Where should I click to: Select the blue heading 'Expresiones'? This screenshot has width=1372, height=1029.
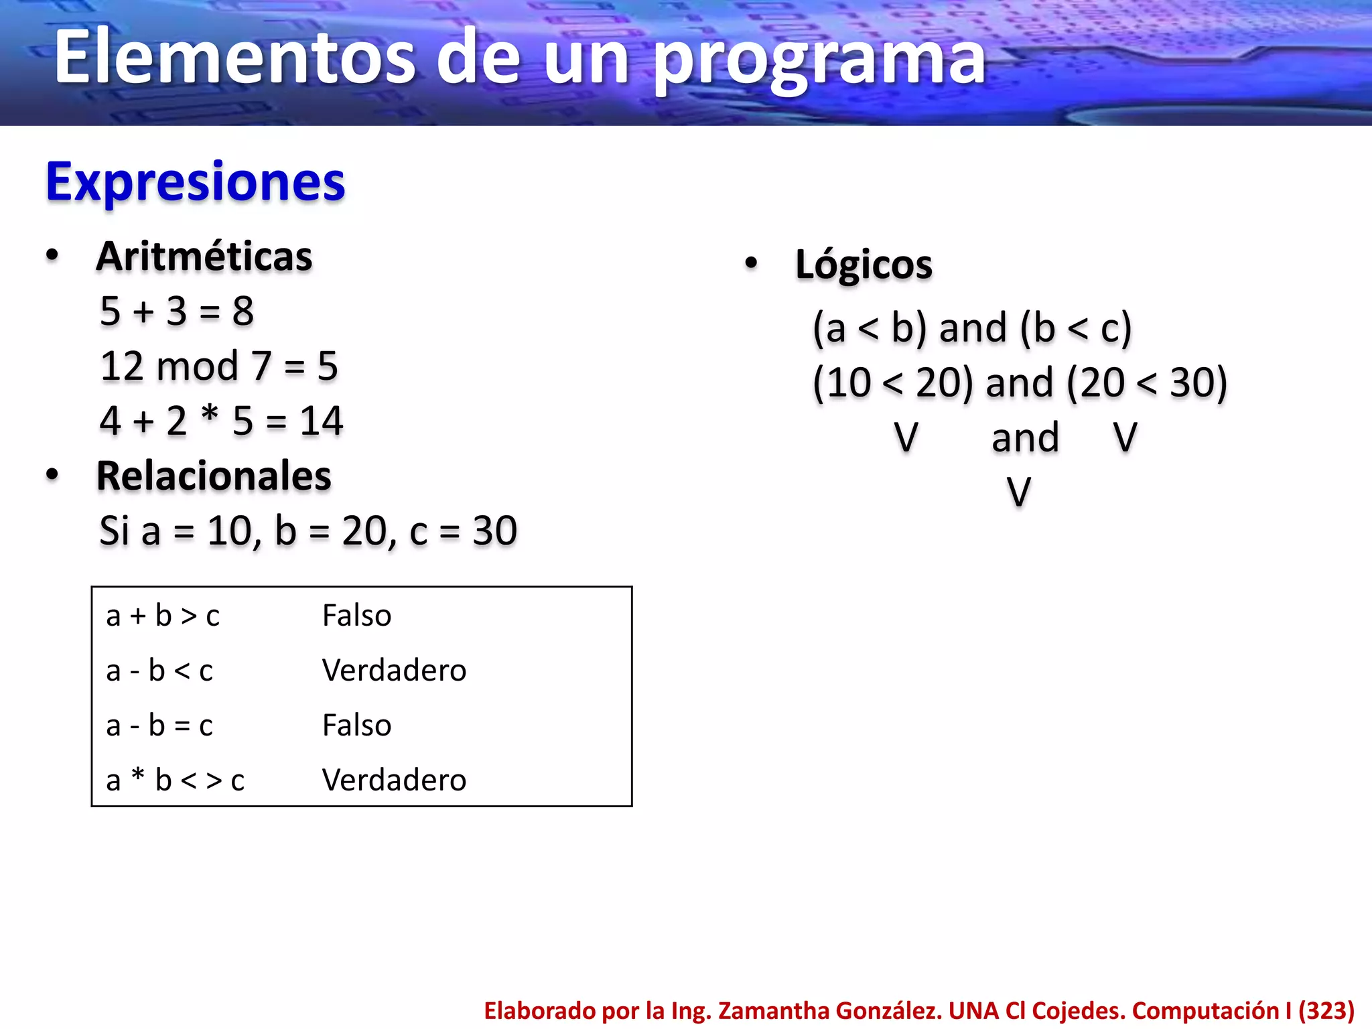click(x=195, y=182)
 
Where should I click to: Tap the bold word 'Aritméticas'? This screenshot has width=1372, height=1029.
click(x=204, y=257)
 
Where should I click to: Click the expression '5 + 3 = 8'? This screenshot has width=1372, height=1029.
click(x=177, y=312)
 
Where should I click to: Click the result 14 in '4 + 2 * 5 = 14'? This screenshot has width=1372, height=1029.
click(x=321, y=421)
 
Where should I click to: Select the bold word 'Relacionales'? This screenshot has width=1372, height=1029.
click(x=214, y=476)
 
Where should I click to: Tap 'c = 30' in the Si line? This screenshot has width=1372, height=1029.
click(x=463, y=531)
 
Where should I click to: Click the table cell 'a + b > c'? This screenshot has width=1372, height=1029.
click(x=163, y=616)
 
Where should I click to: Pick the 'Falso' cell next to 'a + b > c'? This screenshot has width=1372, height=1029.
click(x=356, y=616)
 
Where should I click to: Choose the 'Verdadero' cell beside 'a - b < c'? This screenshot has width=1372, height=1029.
click(x=394, y=671)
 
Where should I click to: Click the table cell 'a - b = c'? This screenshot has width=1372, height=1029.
click(x=159, y=726)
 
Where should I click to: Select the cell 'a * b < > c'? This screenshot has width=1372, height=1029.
click(x=176, y=780)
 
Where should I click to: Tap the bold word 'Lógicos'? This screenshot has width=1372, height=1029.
click(x=864, y=265)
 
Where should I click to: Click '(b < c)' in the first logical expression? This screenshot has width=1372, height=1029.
click(x=1076, y=328)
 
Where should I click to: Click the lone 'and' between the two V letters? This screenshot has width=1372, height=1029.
click(x=1025, y=438)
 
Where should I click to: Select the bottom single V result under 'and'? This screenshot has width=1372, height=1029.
click(x=1019, y=492)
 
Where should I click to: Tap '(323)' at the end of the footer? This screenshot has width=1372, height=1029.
click(x=1326, y=1010)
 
